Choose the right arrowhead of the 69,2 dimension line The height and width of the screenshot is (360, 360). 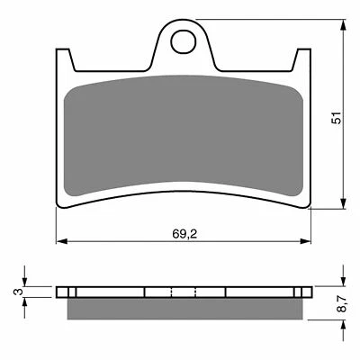(310, 241)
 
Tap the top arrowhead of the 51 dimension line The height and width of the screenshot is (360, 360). (343, 21)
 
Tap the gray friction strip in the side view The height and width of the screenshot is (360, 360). (184, 308)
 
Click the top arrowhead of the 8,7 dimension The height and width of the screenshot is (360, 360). (343, 282)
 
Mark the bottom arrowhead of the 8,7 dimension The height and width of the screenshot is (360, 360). (343, 324)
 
